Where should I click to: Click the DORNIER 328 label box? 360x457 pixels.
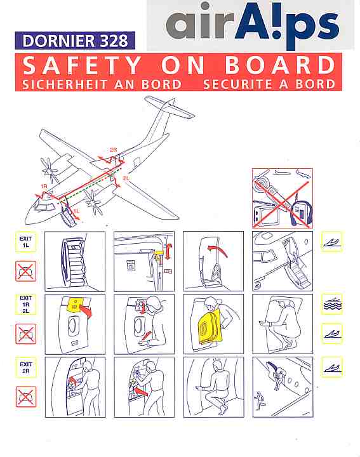pyautogui.click(x=75, y=41)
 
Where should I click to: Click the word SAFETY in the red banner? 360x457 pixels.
pyautogui.click(x=82, y=65)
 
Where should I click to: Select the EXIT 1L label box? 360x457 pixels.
pyautogui.click(x=25, y=242)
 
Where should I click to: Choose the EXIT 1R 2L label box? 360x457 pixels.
pyautogui.click(x=25, y=304)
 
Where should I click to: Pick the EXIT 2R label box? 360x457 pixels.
pyautogui.click(x=25, y=368)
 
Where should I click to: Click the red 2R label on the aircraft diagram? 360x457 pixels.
pyautogui.click(x=114, y=150)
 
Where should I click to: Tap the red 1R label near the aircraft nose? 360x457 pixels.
pyautogui.click(x=44, y=186)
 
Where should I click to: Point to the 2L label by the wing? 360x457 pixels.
pyautogui.click(x=126, y=178)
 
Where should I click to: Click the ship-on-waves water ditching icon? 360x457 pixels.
pyautogui.click(x=331, y=304)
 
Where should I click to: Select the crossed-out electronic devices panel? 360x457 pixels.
pyautogui.click(x=283, y=198)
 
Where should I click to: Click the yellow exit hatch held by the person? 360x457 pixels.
pyautogui.click(x=210, y=326)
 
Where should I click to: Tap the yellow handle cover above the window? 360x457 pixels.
pyautogui.click(x=76, y=305)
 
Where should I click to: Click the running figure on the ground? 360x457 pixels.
pyautogui.click(x=258, y=401)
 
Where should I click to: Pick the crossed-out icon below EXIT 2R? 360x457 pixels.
pyautogui.click(x=26, y=397)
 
